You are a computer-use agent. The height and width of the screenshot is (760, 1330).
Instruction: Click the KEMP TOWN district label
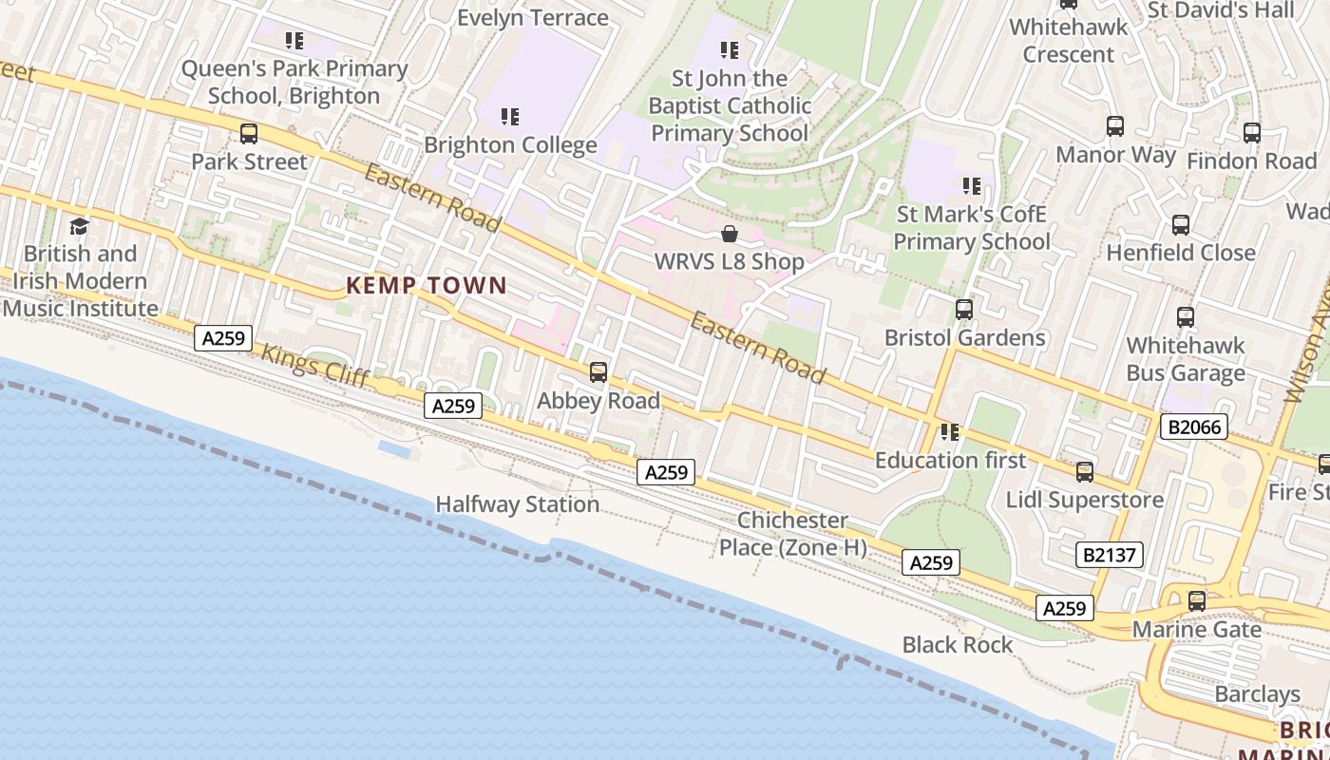pos(426,285)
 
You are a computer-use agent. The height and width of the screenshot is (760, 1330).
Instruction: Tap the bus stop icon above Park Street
pos(249,134)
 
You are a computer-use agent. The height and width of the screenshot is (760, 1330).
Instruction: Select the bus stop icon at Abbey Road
pos(598,372)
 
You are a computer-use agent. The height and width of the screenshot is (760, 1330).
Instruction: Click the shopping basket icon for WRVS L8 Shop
pos(730,234)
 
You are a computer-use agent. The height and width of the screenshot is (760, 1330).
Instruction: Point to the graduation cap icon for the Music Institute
pos(80,226)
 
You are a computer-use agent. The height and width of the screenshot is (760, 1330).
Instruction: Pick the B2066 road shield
pos(1193,427)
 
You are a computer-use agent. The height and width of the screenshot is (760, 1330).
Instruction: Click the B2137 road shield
pos(1110,554)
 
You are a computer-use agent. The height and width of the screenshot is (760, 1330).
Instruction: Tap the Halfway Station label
pos(517,504)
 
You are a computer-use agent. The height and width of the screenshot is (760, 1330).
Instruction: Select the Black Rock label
pos(958,645)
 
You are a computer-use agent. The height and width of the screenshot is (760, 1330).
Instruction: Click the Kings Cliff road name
pos(314,365)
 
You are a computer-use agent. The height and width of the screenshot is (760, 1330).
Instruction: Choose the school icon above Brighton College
pos(510,117)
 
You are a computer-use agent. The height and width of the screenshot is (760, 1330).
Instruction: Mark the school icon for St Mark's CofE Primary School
pos(971,186)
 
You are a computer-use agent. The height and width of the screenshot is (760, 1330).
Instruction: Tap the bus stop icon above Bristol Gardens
pos(964,310)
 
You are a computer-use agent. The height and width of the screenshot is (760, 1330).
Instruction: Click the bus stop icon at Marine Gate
pos(1197,601)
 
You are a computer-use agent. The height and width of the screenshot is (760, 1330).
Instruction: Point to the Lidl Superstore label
pos(1085,500)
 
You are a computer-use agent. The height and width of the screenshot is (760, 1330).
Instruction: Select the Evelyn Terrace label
pos(532,18)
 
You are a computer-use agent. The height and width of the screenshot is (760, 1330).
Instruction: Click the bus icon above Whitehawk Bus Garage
pos(1186,317)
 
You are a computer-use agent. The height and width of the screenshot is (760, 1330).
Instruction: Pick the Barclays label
pos(1257,694)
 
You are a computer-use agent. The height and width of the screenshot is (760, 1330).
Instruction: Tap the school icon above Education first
pos(950,433)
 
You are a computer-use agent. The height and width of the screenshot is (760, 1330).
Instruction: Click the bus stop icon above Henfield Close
pos(1181,225)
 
